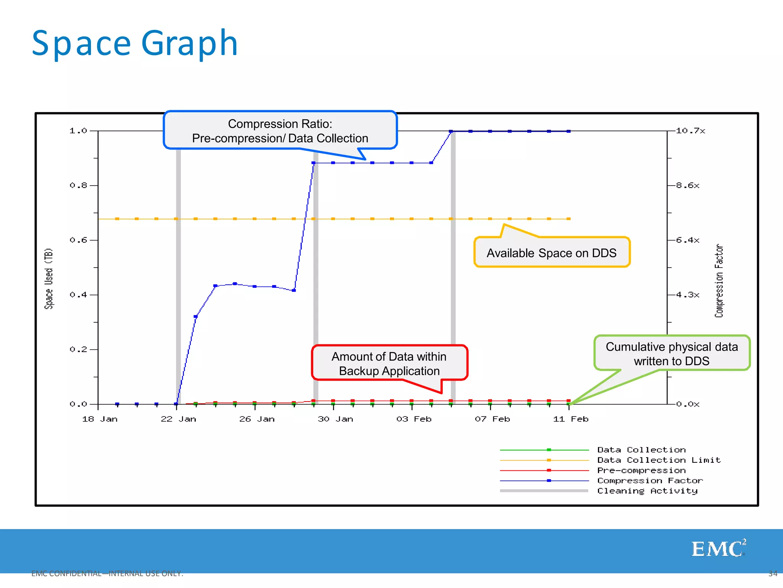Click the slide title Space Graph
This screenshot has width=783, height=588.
click(135, 44)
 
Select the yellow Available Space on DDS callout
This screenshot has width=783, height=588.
click(551, 253)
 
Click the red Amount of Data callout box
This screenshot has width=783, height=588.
click(389, 363)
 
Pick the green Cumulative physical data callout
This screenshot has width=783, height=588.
click(671, 353)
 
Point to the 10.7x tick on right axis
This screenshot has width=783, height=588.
click(690, 131)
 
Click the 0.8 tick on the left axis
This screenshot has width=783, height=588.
click(78, 186)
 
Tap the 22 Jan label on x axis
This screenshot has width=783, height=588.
click(178, 419)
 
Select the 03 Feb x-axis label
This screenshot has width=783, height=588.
click(414, 419)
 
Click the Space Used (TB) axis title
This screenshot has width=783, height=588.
click(49, 278)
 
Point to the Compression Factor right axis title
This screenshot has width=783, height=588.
click(719, 281)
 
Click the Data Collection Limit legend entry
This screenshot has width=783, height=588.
click(658, 460)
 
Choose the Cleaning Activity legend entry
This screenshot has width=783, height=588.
click(647, 491)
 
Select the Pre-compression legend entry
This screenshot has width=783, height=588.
click(641, 470)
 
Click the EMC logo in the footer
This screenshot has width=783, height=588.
click(718, 549)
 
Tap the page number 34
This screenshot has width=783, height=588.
click(773, 573)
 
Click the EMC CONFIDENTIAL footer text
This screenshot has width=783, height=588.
click(107, 573)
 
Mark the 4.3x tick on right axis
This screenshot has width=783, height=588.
click(687, 295)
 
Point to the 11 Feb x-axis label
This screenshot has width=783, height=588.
click(570, 419)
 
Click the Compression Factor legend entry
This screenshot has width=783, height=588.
click(650, 481)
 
